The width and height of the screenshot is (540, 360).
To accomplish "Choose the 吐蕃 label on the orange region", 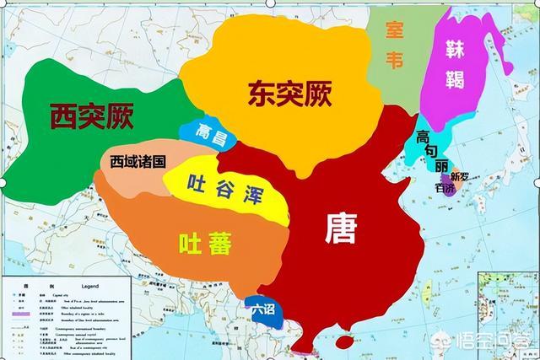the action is coord(207,244).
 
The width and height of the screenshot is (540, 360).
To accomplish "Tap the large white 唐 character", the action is coord(342,227).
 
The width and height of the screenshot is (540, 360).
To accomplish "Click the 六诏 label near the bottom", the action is coord(262,309).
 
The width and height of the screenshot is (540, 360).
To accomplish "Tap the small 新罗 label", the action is coord(459,177).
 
